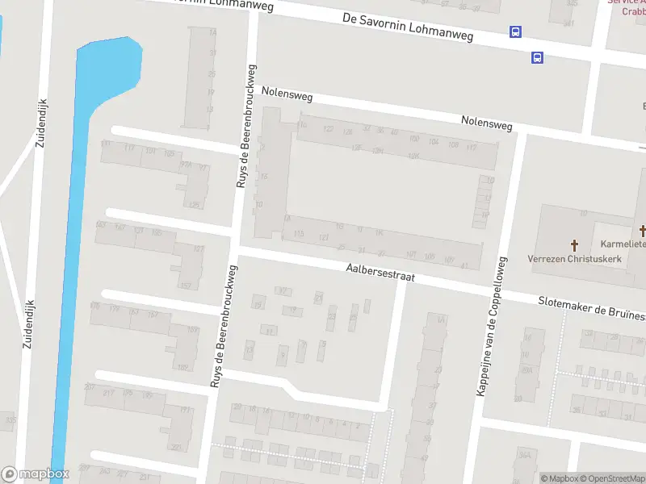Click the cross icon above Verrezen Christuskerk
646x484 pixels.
tap(575, 244)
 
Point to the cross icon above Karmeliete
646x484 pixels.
tap(643, 232)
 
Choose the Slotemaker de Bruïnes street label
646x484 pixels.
tap(591, 305)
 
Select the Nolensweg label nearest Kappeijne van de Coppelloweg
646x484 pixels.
tap(486, 124)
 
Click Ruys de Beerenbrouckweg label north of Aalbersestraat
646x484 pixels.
tap(246, 127)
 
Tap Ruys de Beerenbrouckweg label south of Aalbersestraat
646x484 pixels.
tap(224, 327)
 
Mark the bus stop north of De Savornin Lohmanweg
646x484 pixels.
tap(515, 32)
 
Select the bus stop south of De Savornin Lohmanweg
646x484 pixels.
tap(537, 57)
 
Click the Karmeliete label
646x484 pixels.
tap(623, 244)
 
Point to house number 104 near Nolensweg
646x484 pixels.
tap(434, 142)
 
